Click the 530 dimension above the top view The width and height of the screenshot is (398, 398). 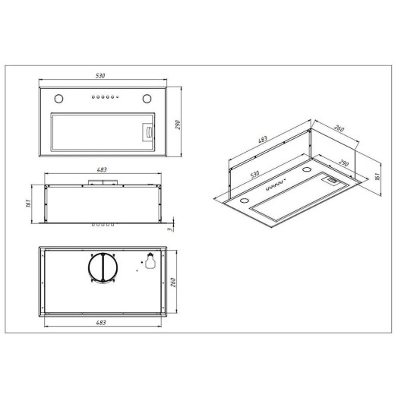pyautogui.click(x=100, y=76)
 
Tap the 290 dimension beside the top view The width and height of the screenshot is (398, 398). pyautogui.click(x=178, y=125)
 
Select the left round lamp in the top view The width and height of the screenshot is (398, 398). pyautogui.click(x=59, y=99)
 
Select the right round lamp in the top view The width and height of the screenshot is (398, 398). pyautogui.click(x=147, y=99)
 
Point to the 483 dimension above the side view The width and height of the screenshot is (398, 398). pyautogui.click(x=102, y=169)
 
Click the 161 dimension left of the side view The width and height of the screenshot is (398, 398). pyautogui.click(x=28, y=203)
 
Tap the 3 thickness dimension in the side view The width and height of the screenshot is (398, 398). pyautogui.click(x=170, y=229)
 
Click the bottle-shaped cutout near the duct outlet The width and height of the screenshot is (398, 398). pyautogui.click(x=150, y=261)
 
